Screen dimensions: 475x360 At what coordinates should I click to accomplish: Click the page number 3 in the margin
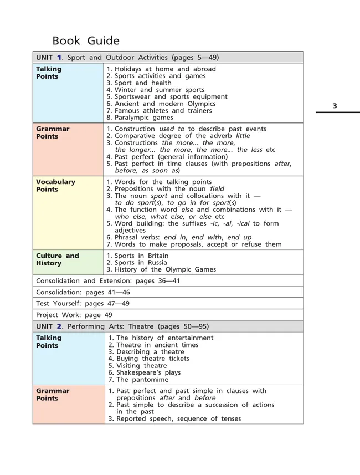[x=335, y=106]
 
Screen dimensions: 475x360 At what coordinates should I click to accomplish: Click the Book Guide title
[x=85, y=41]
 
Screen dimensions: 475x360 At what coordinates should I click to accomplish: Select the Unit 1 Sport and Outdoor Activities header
[x=128, y=57]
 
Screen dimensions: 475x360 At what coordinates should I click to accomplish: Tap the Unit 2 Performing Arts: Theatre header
[x=122, y=326]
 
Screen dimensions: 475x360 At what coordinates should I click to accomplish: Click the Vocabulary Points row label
[x=55, y=186]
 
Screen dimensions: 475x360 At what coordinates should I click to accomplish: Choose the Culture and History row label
[x=58, y=259]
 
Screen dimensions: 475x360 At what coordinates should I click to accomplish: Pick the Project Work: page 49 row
[x=74, y=315]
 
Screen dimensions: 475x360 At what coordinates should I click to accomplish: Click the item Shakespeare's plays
[x=145, y=373]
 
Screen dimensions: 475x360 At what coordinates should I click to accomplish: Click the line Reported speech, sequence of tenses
[x=174, y=419]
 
